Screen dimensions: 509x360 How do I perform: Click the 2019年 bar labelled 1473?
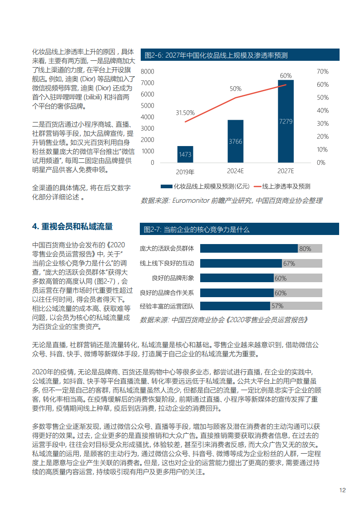185,154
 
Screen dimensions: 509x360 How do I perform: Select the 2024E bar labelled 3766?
235,141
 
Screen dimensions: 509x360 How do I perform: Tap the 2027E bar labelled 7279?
286,121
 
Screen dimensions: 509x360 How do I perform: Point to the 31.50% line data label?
185,113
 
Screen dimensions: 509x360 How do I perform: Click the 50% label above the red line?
235,88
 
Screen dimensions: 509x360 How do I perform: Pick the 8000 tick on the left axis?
148,72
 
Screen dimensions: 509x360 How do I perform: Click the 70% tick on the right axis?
322,72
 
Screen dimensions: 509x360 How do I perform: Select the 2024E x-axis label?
235,171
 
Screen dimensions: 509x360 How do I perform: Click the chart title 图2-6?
216,55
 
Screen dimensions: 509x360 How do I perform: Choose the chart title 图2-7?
197,230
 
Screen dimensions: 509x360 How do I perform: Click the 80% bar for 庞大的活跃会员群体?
249,248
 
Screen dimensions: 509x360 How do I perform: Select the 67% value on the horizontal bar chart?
289,263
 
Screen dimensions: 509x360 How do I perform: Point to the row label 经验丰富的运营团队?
167,306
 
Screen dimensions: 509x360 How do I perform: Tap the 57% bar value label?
277,306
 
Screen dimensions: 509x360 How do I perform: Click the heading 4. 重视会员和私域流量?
72,226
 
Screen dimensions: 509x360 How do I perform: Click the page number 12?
343,490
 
